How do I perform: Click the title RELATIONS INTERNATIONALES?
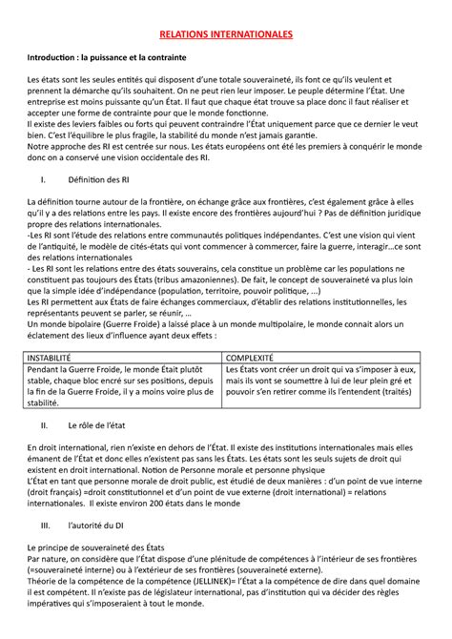226,34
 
